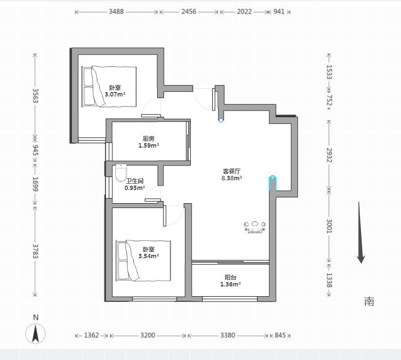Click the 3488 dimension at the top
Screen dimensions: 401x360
[116, 12]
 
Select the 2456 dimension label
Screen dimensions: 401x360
[189, 12]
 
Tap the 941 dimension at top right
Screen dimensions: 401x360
[279, 12]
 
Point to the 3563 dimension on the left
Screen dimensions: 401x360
[36, 95]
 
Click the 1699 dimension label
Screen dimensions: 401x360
[36, 184]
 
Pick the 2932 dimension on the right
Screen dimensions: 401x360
[329, 155]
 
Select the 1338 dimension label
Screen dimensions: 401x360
[329, 280]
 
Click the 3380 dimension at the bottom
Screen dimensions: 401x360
[228, 335]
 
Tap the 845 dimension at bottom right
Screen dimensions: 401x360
[280, 335]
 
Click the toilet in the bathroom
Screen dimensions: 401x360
[121, 173]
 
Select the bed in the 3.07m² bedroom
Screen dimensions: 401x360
[109, 86]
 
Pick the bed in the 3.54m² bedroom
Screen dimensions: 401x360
[143, 261]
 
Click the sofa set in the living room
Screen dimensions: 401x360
[255, 227]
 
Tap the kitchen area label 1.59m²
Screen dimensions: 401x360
[149, 146]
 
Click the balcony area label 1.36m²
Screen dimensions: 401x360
[231, 284]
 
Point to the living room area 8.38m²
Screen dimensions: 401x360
[232, 178]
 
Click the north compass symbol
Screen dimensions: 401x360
[36, 333]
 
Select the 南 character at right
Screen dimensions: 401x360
[369, 302]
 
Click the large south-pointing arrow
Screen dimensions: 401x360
[360, 232]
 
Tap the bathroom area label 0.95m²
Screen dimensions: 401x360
[135, 188]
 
